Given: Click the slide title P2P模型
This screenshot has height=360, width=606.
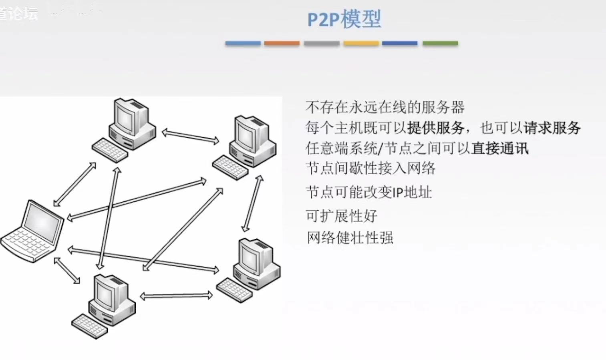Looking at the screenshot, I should pos(344,19).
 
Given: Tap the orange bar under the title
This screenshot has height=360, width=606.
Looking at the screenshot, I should pos(282,43).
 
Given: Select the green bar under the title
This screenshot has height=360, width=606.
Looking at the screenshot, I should pos(440,43).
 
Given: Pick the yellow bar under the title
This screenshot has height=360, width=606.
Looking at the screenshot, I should pos(361,43).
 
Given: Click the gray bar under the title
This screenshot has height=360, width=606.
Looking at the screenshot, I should pos(321,43).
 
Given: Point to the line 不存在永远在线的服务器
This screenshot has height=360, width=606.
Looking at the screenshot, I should pos(385,107).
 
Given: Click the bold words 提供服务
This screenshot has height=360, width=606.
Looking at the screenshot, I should pos(435,128).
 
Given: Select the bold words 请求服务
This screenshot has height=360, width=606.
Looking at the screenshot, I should pos(552,128).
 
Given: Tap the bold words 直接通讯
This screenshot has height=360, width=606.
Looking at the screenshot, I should pos(499,148).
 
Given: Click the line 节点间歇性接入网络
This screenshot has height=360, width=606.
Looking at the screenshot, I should pos(370,168).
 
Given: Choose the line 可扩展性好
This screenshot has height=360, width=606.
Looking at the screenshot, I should pos(341,216).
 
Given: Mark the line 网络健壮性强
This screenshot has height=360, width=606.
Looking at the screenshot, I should pos(350,238).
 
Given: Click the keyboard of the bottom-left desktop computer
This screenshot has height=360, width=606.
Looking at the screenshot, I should pos(89,326).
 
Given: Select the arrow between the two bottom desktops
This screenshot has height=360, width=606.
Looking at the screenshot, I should pos(176,296).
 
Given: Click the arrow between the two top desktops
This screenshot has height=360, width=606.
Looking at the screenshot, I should pos(190,136).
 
